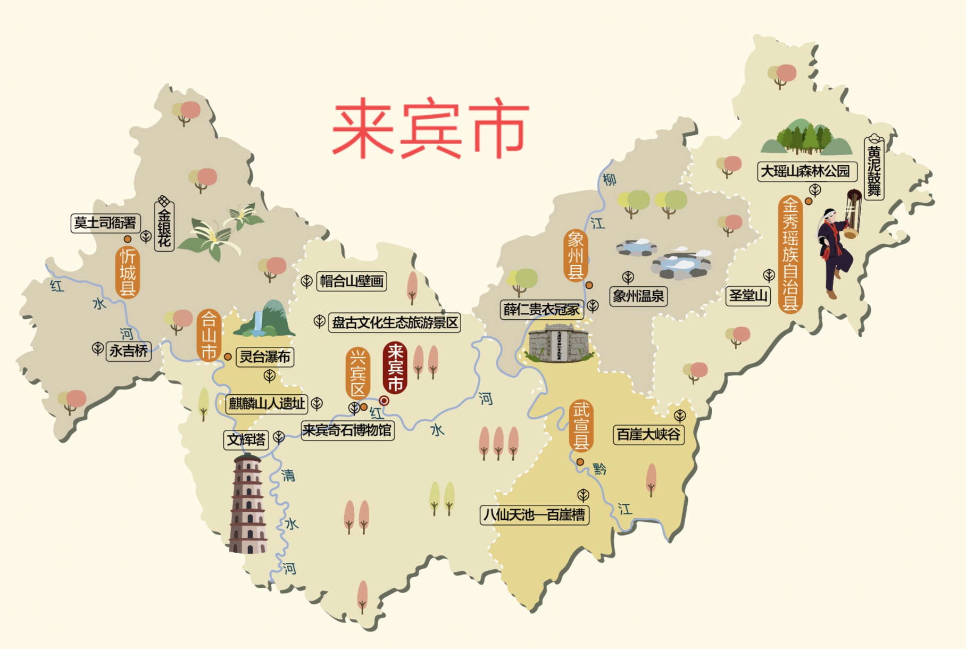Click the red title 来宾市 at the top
[430, 129]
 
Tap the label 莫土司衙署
[105, 223]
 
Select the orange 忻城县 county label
[128, 272]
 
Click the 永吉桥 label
[129, 351]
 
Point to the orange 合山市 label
[209, 335]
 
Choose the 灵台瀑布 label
[265, 356]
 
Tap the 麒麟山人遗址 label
[267, 404]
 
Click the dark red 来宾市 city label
[395, 367]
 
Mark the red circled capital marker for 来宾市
[384, 401]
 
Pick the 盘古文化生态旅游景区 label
[395, 322]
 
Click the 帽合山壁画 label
[352, 281]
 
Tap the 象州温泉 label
[638, 296]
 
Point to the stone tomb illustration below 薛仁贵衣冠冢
[559, 344]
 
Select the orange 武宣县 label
[581, 426]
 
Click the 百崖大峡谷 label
[648, 435]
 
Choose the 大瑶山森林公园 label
[805, 171]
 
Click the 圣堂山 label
[748, 295]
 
